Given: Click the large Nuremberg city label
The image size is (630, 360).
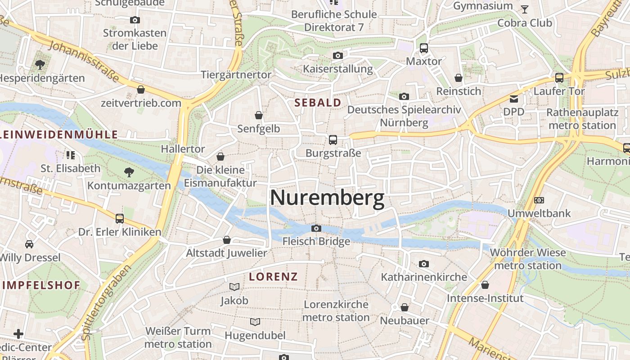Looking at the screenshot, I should (x=327, y=198).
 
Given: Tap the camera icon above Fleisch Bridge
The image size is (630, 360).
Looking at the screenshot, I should (x=316, y=229).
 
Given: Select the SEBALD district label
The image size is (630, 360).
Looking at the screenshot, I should (x=318, y=103).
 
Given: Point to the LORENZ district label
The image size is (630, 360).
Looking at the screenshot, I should (x=274, y=276).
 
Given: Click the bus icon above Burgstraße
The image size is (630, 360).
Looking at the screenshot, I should (x=333, y=140).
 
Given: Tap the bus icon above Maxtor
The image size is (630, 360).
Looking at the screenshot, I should (x=423, y=48).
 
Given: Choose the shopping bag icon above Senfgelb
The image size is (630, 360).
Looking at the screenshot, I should (x=259, y=116).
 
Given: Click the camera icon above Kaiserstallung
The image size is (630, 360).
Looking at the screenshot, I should (x=337, y=56).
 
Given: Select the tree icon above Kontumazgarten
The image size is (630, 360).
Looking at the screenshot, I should (x=129, y=172).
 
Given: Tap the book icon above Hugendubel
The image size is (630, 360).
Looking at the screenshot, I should (x=255, y=322).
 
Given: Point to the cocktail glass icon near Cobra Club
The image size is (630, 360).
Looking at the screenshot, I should (x=525, y=9).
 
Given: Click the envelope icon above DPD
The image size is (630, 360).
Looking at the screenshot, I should (x=514, y=99).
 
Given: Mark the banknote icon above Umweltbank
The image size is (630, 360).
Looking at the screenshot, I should (x=539, y=200).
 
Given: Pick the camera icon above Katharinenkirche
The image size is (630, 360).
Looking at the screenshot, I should (x=423, y=264).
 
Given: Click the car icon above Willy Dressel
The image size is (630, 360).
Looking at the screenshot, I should (x=29, y=244).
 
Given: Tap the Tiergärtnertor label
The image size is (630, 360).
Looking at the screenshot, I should (x=236, y=75).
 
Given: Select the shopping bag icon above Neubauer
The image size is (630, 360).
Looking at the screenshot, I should (x=405, y=307).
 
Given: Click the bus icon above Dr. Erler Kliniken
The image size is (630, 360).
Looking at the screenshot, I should (x=119, y=219).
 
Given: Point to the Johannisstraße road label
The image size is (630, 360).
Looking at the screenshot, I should (x=83, y=61).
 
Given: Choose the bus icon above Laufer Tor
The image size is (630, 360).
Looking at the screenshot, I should (x=559, y=78).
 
